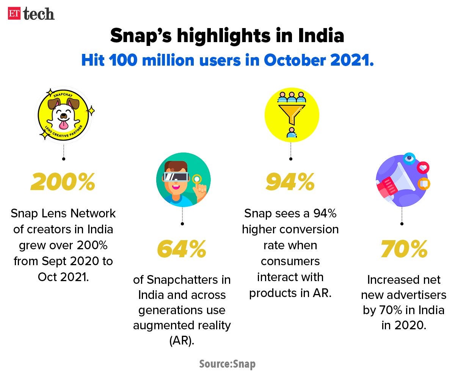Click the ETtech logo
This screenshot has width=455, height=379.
click(31, 14)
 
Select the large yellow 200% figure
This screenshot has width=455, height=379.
click(63, 183)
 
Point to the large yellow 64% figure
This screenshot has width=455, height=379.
click(182, 249)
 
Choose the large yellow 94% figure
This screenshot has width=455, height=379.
click(290, 183)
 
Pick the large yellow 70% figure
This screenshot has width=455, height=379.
click(404, 249)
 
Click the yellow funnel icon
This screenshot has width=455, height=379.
click(291, 112)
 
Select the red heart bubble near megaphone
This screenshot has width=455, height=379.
click(422, 167)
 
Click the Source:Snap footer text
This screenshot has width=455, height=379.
click(227, 364)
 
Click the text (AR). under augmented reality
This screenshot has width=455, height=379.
click(182, 340)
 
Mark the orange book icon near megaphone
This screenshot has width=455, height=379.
click(424, 184)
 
